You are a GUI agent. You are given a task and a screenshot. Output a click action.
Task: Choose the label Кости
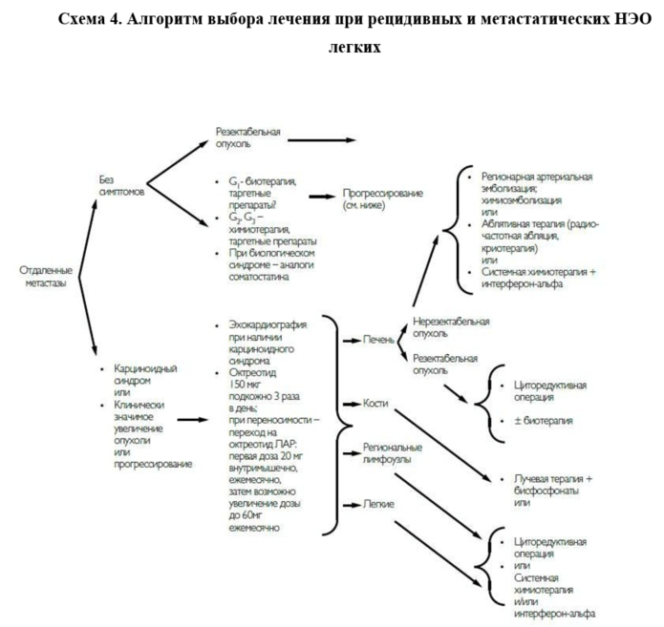tap(375, 405)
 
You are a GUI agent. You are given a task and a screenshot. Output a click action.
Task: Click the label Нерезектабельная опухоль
tap(450, 327)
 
